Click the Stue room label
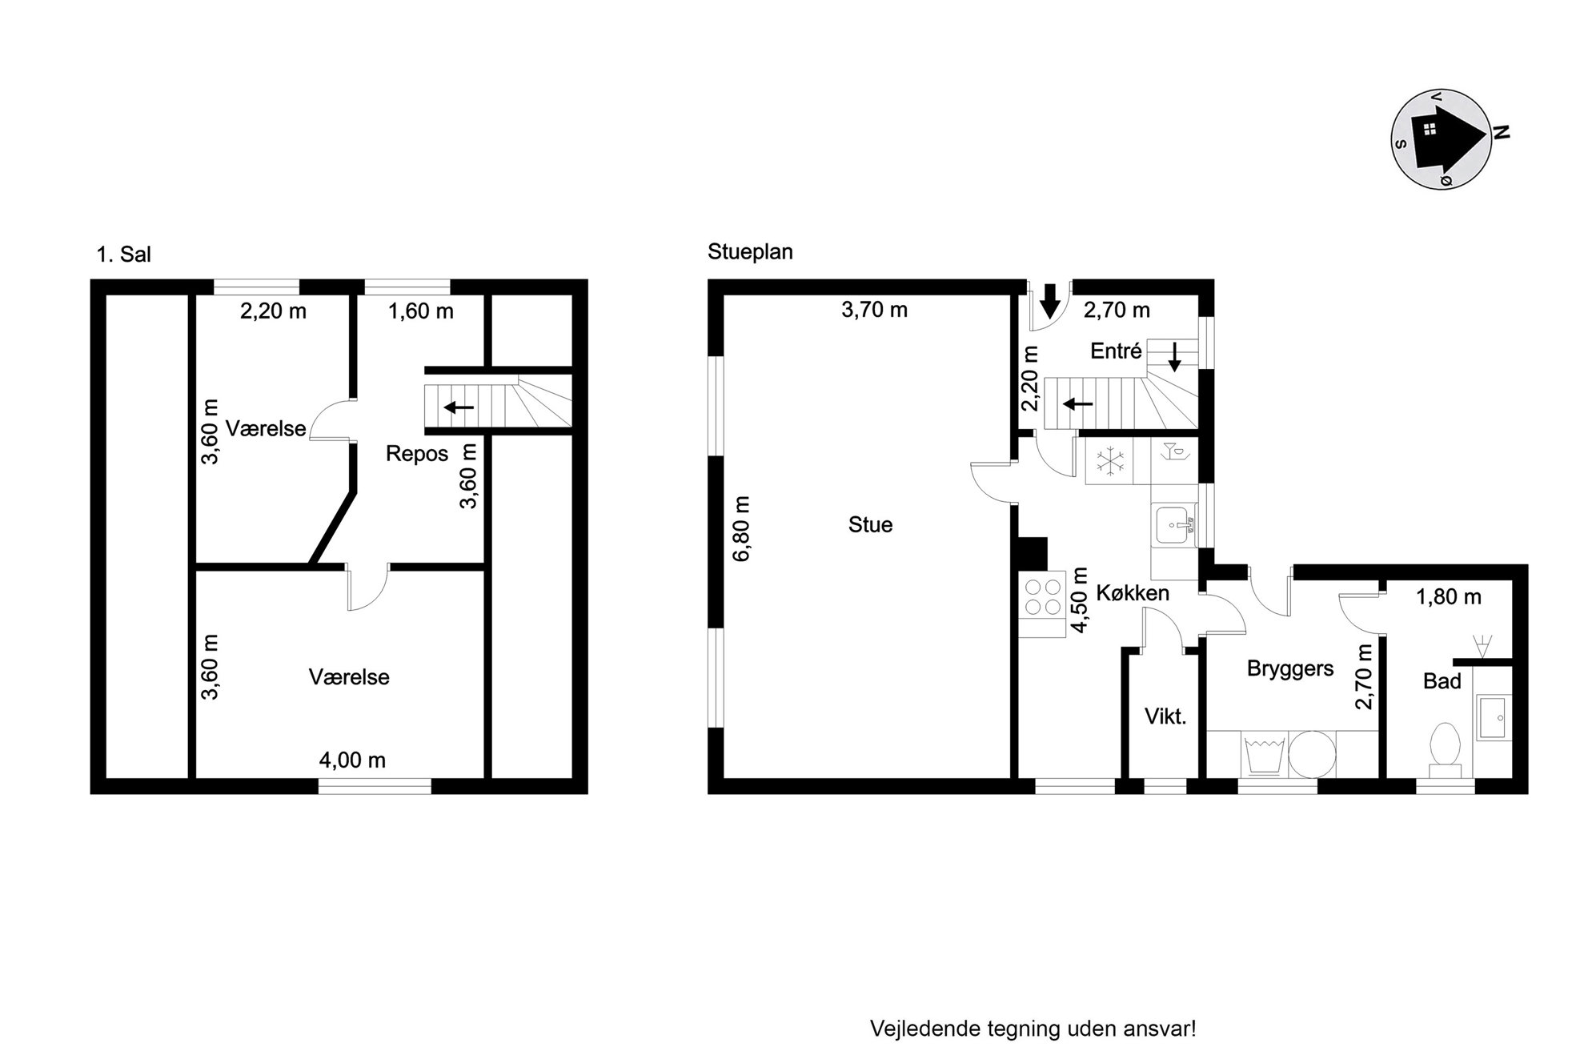click(870, 525)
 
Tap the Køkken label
click(1133, 593)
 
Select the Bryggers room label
click(1290, 669)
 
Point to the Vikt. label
click(1165, 716)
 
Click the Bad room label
click(1442, 681)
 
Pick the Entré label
click(1116, 351)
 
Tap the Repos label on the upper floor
click(417, 454)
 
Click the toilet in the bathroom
click(1445, 749)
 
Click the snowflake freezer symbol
click(1110, 461)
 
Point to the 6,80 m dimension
click(742, 528)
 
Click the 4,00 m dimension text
click(352, 760)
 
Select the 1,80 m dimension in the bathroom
click(1449, 597)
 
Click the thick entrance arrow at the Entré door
click(1051, 300)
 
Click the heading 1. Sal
click(123, 255)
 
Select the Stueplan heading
click(750, 252)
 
